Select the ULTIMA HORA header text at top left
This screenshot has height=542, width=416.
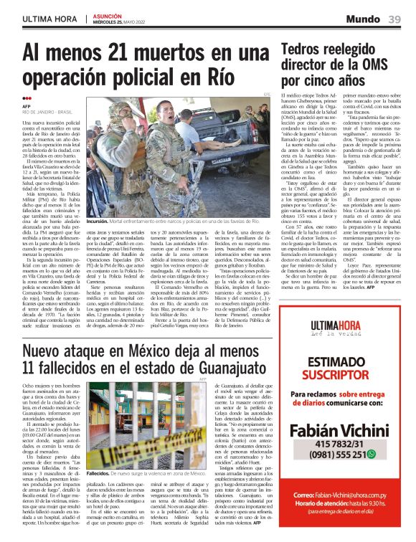(x=48, y=19)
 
